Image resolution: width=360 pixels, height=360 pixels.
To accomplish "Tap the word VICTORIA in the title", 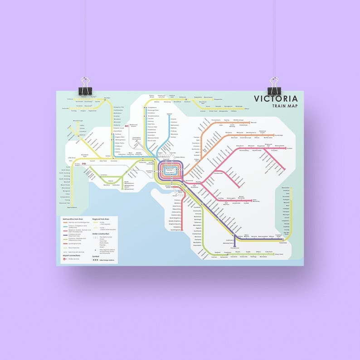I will (276, 99).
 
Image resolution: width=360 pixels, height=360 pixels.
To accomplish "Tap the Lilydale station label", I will (290, 148).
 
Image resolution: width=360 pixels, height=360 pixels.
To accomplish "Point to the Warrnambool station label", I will (73, 208).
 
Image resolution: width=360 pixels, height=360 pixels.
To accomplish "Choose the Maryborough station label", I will (78, 121).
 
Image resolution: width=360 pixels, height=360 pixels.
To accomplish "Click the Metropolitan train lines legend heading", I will (73, 219).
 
